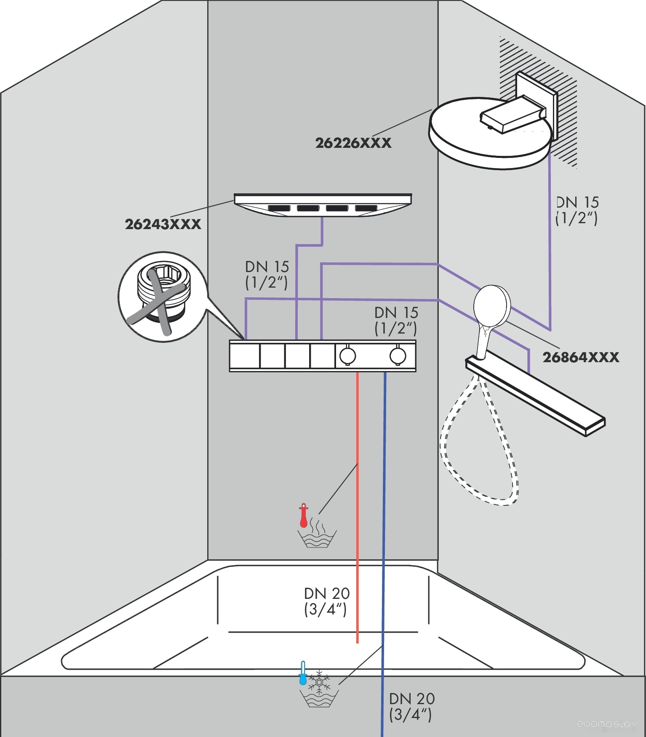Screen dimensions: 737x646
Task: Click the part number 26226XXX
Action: click(x=353, y=143)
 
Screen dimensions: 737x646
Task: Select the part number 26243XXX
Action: click(x=163, y=224)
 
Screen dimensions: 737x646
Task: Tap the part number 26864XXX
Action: click(x=580, y=358)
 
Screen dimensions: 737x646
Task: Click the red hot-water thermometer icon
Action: click(x=303, y=515)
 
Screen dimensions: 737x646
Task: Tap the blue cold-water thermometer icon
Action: click(x=302, y=673)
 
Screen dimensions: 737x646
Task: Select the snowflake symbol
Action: click(x=319, y=682)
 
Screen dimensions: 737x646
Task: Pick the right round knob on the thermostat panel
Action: click(x=398, y=356)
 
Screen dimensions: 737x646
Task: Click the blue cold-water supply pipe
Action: click(x=384, y=547)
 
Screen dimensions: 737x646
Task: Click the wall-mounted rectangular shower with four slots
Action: click(x=323, y=205)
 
